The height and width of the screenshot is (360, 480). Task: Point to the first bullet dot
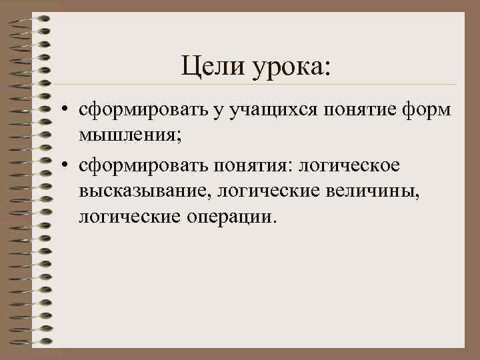(x=68, y=109)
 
